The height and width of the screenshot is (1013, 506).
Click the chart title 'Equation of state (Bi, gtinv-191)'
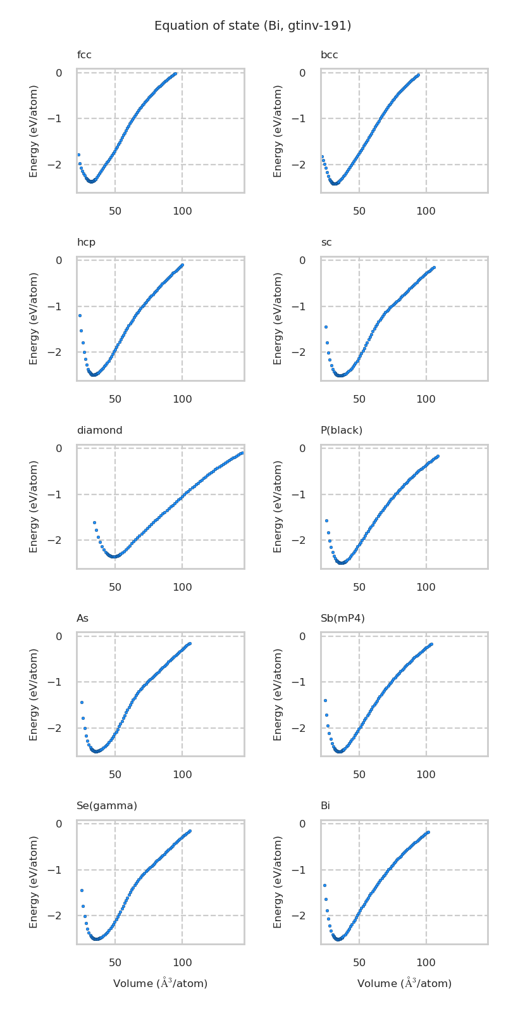(252, 26)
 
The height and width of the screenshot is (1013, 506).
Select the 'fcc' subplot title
(84, 55)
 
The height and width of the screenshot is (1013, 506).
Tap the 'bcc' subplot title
(329, 55)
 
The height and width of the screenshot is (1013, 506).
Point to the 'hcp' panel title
(86, 242)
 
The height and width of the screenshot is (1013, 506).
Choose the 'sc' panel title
(326, 242)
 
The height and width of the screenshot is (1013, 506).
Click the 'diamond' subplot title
(99, 431)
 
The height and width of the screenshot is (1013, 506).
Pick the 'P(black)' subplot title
(341, 431)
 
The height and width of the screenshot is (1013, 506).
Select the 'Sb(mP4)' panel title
(342, 618)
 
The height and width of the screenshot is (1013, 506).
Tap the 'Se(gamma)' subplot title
(106, 806)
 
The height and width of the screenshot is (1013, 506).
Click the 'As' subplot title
(82, 618)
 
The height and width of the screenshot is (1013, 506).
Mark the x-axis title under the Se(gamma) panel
(160, 983)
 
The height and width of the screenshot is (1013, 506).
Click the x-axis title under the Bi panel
(404, 983)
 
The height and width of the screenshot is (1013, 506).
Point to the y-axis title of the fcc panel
(34, 130)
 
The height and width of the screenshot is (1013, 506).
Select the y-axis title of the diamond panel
(34, 507)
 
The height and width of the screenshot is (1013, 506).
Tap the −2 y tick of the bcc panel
(302, 165)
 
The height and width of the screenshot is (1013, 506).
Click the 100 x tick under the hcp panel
(182, 400)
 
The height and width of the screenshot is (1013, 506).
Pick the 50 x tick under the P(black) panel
(359, 587)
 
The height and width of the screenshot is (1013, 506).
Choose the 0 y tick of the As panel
(59, 636)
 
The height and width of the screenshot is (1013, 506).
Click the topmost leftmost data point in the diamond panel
(94, 522)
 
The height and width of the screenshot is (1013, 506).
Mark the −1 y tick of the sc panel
(302, 306)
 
